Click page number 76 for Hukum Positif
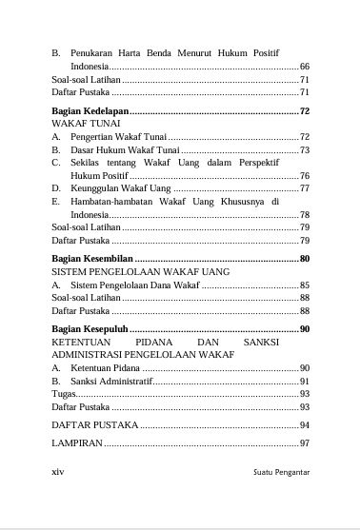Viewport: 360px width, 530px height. (305, 176)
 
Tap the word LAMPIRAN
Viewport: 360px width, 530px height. (76, 443)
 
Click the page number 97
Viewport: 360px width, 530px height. (305, 443)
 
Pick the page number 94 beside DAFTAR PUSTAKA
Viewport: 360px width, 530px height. (305, 424)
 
